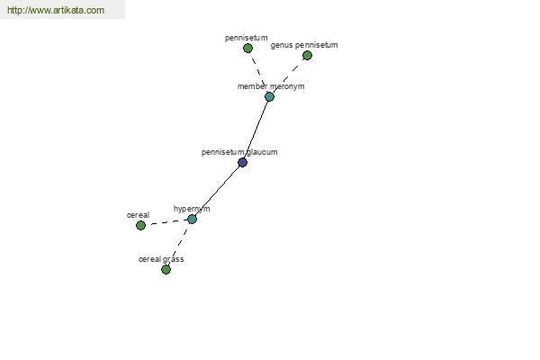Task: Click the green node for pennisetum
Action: click(x=247, y=49)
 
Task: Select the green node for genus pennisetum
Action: click(x=307, y=56)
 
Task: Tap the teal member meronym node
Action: click(x=269, y=97)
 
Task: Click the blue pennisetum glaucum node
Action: click(x=242, y=163)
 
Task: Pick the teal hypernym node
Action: click(x=193, y=219)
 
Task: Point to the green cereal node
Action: click(x=140, y=226)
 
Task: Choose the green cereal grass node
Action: click(x=166, y=269)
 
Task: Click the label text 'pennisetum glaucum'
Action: click(x=239, y=152)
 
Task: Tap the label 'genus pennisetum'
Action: click(x=304, y=45)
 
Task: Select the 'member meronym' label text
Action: click(x=271, y=86)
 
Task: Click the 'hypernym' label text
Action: click(x=192, y=209)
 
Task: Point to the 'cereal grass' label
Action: click(x=161, y=259)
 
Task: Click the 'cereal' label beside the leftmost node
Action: click(x=138, y=215)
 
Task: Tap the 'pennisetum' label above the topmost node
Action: click(x=246, y=38)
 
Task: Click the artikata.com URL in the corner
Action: click(x=56, y=10)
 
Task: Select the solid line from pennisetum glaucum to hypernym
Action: click(x=217, y=191)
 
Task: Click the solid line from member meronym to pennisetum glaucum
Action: click(x=256, y=130)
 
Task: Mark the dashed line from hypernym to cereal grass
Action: click(x=179, y=244)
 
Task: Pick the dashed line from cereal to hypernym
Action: click(x=166, y=222)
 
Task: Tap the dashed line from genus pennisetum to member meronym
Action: click(x=288, y=76)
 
